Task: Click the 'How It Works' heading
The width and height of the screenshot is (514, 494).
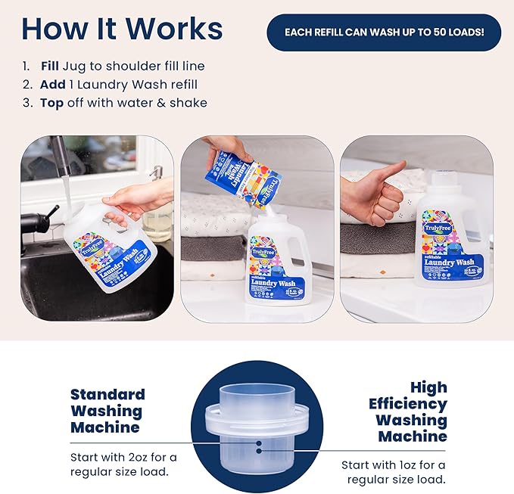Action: [122, 28]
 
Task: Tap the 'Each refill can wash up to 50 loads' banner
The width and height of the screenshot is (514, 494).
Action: [384, 33]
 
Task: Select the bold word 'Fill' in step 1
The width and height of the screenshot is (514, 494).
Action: [50, 65]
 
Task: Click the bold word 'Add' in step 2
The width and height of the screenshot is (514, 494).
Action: [52, 84]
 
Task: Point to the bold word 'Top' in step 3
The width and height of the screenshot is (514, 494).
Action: [51, 103]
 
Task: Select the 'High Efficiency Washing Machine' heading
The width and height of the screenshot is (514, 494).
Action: [409, 412]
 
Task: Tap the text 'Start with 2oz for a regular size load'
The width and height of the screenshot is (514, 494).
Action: [123, 465]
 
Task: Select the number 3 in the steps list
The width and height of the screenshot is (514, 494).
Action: [26, 103]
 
